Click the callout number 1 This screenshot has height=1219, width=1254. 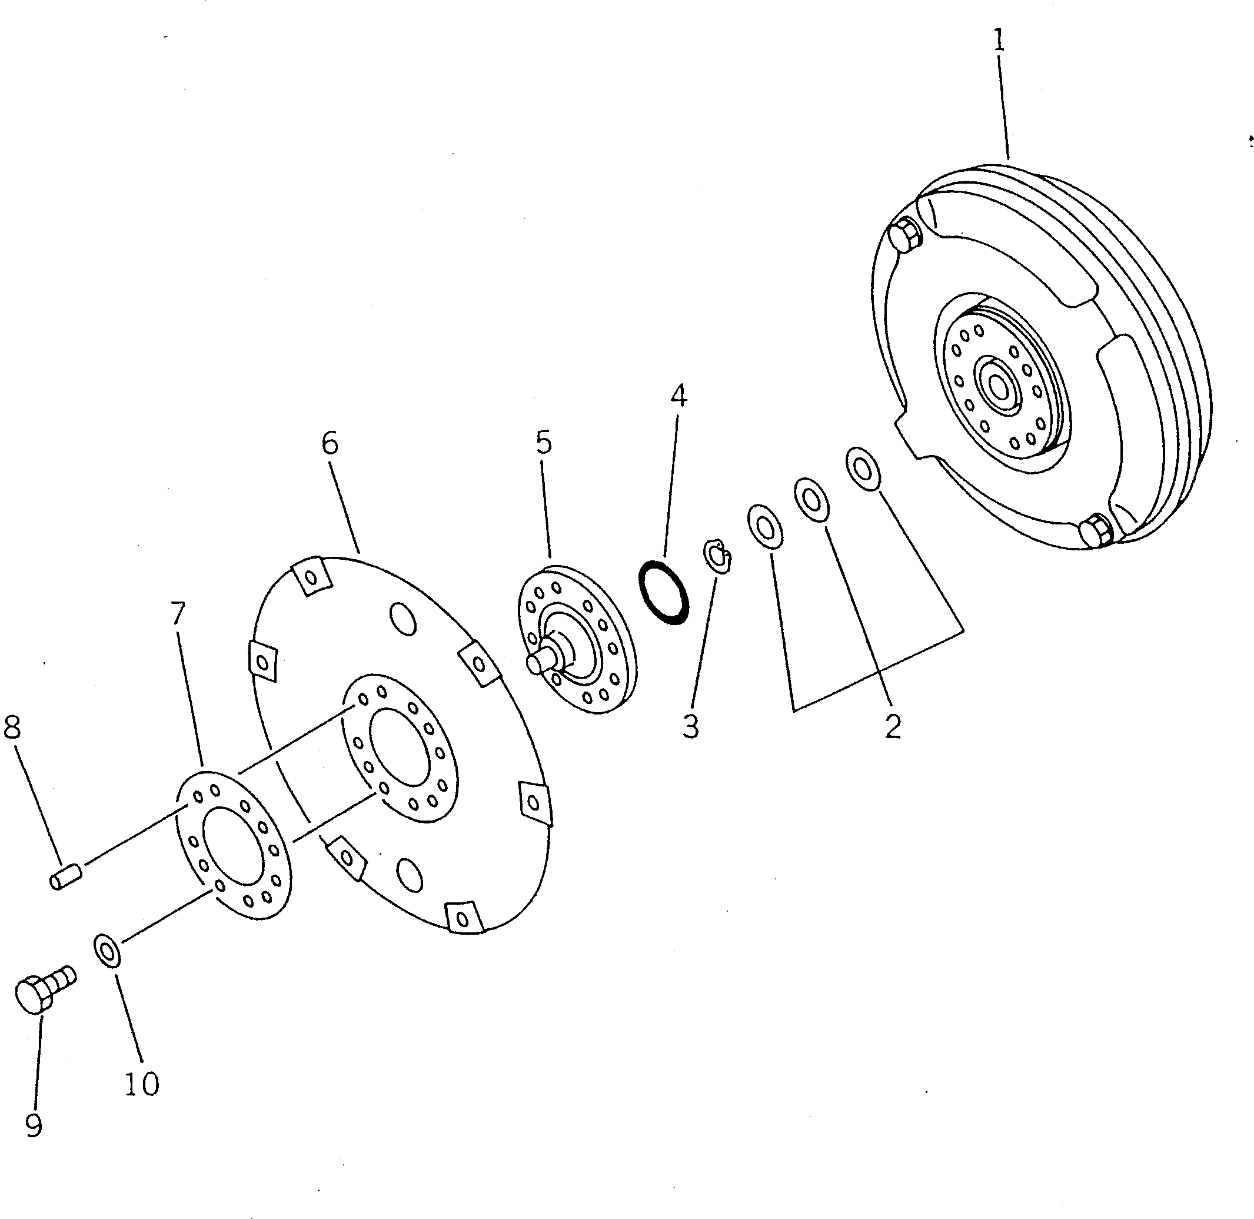click(999, 42)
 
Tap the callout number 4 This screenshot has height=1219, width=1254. click(678, 396)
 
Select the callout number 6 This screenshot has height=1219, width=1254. click(330, 443)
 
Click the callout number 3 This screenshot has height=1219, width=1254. click(690, 727)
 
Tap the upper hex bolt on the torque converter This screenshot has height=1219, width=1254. click(905, 235)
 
